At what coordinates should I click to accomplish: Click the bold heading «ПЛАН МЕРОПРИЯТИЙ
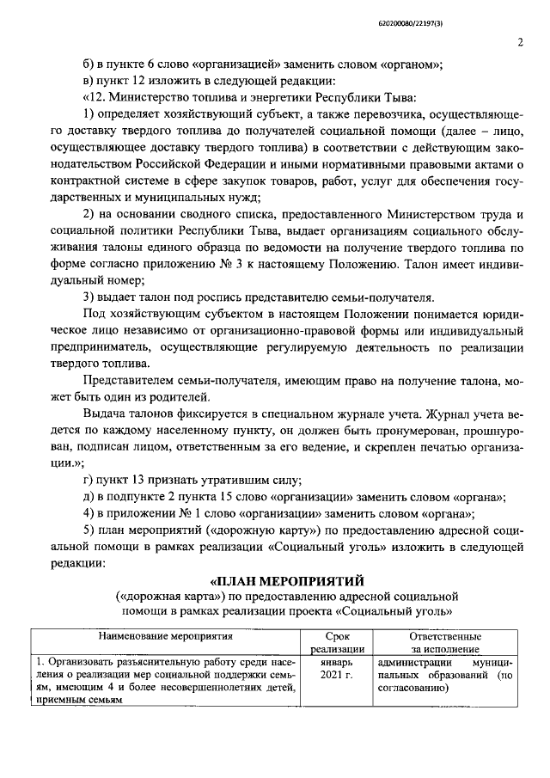click(288, 578)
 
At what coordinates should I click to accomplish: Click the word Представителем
click(127, 380)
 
